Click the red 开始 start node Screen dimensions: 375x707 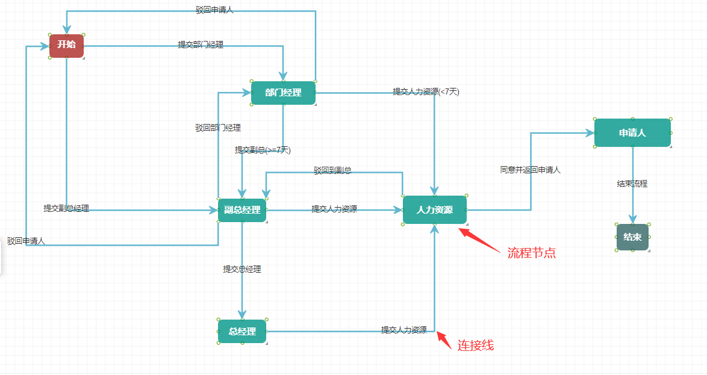(x=66, y=45)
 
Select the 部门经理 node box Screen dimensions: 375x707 (x=283, y=93)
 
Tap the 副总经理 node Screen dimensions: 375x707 (x=242, y=210)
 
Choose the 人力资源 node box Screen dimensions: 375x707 (x=435, y=210)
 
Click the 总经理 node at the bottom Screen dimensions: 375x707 (x=242, y=332)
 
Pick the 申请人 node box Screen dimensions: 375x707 (x=632, y=133)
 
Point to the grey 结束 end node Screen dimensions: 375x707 (x=632, y=237)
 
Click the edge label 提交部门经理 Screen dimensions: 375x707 (x=201, y=45)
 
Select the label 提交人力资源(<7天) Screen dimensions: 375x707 (x=426, y=91)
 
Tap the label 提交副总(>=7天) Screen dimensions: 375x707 (x=263, y=150)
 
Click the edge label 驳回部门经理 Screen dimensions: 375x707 (x=218, y=128)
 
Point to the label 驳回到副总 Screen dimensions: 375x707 (x=332, y=171)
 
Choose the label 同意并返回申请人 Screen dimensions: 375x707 (x=530, y=170)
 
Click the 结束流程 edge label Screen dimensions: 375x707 (x=632, y=184)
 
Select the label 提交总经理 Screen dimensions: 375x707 (x=242, y=269)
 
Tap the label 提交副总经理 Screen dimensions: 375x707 (x=66, y=208)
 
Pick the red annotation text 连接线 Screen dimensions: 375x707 (x=476, y=346)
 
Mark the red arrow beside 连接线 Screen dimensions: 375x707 (x=444, y=340)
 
